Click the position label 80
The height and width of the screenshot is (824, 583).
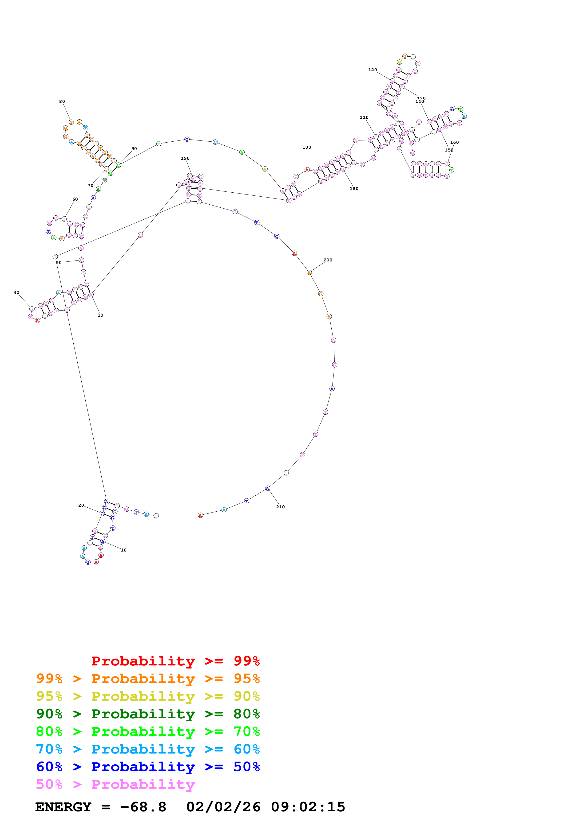point(62,101)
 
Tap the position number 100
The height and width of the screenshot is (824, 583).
point(307,147)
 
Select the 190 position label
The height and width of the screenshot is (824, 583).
point(185,158)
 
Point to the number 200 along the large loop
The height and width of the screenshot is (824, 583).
point(328,260)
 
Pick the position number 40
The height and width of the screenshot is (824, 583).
point(16,292)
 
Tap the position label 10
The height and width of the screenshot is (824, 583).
point(123,550)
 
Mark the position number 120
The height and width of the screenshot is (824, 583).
point(373,70)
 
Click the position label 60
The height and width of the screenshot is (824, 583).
point(75,199)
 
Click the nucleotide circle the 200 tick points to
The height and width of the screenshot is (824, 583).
point(309,272)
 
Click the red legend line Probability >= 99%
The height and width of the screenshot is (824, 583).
point(175,661)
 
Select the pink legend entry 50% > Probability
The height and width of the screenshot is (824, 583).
point(115,784)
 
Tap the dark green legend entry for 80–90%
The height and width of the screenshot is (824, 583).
point(148,714)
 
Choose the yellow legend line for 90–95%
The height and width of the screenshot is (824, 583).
point(148,696)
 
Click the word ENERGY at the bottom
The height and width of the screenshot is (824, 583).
point(63,807)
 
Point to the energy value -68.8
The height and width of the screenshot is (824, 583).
point(143,807)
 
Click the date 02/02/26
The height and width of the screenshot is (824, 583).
point(223,807)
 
